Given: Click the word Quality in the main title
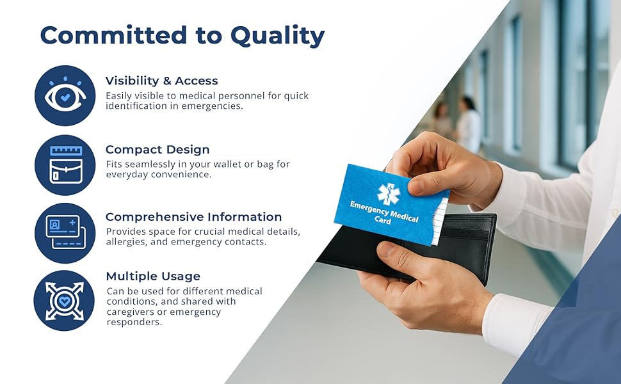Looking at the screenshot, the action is pyautogui.click(x=278, y=36).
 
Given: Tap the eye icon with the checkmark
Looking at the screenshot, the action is pyautogui.click(x=65, y=95).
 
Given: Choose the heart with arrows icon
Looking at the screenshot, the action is pyautogui.click(x=64, y=300).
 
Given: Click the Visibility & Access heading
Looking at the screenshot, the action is pyautogui.click(x=161, y=81).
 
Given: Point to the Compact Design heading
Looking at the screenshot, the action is pyautogui.click(x=157, y=150).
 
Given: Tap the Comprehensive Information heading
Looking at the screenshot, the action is pyautogui.click(x=194, y=217).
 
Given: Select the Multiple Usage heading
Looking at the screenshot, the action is pyautogui.click(x=153, y=276).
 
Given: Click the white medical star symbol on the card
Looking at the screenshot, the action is pyautogui.click(x=389, y=193).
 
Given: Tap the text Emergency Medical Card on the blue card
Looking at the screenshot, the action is pyautogui.click(x=383, y=212).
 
